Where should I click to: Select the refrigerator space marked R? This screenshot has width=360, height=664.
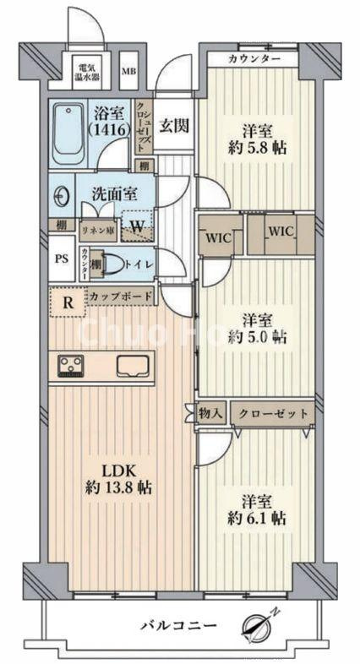coord(67,299)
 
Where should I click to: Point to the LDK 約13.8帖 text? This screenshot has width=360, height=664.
coord(117,478)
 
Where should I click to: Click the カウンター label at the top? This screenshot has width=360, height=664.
coord(254,59)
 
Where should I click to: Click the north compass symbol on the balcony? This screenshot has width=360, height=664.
coord(257,627)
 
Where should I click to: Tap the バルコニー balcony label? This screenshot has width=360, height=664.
coord(179,626)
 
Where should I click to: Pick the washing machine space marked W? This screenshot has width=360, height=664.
coord(136,226)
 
